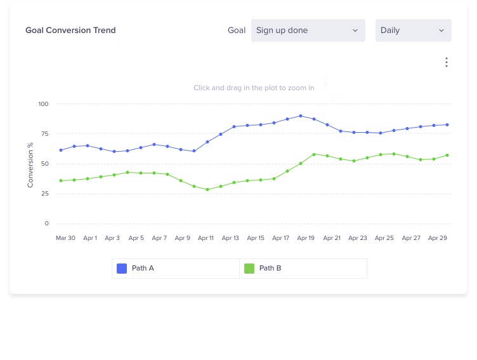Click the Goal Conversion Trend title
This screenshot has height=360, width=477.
point(70,30)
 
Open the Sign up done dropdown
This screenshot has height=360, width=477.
point(308,30)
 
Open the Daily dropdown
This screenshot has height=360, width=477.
point(413,30)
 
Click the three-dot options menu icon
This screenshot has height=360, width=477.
point(447,62)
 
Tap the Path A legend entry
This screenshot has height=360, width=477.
point(143,269)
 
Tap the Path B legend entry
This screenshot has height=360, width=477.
point(270,269)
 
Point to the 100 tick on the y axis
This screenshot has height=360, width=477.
point(43,103)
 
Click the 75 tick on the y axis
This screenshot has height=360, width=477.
point(44,133)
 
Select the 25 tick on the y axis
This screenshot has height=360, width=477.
point(44,194)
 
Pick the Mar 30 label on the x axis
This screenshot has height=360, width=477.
point(65,238)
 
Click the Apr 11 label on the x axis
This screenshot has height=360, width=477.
point(206,238)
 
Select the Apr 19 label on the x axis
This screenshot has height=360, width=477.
point(306,238)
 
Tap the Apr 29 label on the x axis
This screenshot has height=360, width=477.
point(438,238)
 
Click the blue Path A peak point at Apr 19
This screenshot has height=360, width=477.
point(301,116)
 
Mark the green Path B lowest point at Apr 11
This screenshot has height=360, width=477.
point(207,189)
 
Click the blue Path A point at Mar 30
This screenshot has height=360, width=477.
point(61,150)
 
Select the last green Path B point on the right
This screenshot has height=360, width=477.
point(447,155)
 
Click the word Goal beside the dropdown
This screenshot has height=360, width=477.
point(237,30)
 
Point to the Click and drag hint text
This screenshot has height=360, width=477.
point(254,88)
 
